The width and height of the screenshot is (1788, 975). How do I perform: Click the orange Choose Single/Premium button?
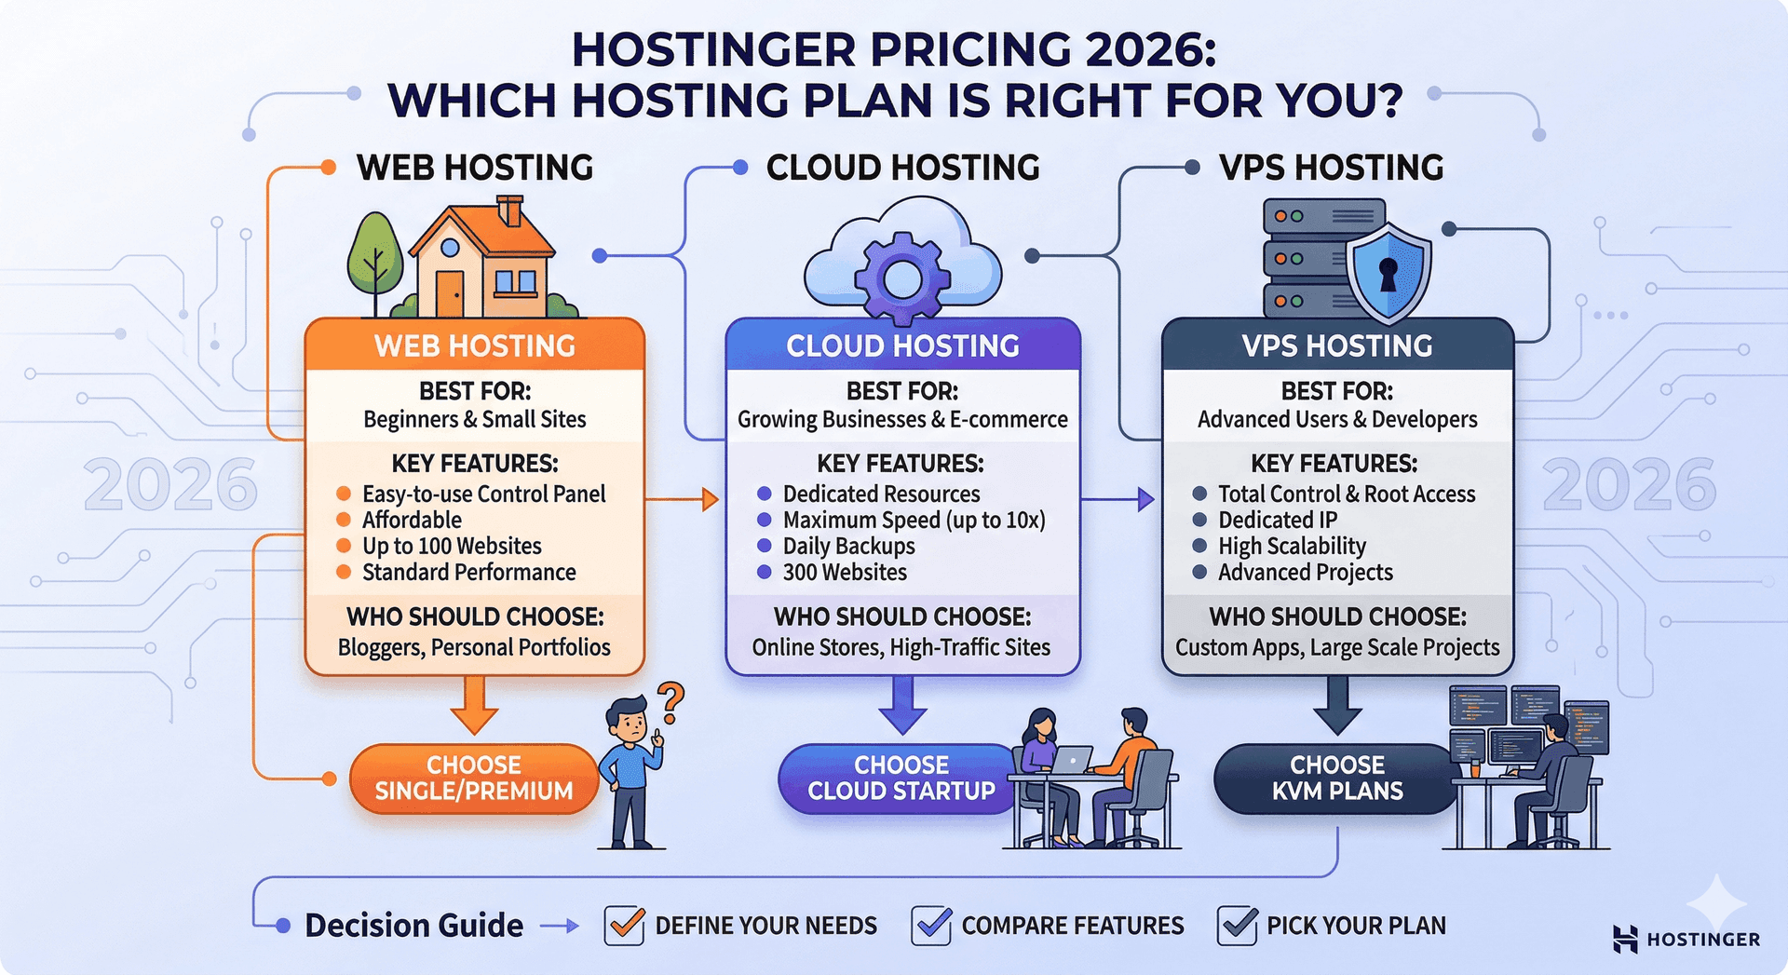(x=473, y=778)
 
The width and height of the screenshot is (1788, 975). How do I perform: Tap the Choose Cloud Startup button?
(x=900, y=778)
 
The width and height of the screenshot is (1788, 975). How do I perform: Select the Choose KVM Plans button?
(x=1336, y=778)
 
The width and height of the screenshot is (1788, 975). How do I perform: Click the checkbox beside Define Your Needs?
(x=624, y=926)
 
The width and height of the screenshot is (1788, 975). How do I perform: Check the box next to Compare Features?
(x=931, y=926)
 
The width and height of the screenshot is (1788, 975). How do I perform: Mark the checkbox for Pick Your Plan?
(x=1237, y=926)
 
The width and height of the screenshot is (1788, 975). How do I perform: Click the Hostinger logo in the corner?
(x=1686, y=939)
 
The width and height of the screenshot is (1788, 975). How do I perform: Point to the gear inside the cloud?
(x=901, y=278)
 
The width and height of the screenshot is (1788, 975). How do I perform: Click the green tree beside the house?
(x=374, y=256)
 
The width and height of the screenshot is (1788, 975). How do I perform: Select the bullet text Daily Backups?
(x=848, y=546)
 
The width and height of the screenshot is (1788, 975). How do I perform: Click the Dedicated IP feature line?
(x=1277, y=520)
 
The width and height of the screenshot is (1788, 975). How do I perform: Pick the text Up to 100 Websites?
(x=452, y=546)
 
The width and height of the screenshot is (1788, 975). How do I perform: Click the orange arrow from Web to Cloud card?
(x=683, y=500)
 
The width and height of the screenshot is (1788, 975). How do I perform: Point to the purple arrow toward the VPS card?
(x=1118, y=500)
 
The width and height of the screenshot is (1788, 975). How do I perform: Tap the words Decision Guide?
(x=413, y=926)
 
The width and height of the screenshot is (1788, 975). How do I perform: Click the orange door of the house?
(x=450, y=292)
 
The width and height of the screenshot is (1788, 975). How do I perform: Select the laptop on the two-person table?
(x=1070, y=760)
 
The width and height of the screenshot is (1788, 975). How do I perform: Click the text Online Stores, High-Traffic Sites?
(x=901, y=647)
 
